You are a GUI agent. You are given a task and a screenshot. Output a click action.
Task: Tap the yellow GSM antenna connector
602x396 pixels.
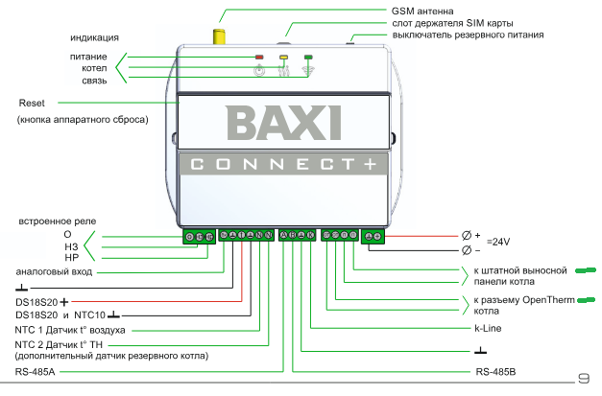[218, 37]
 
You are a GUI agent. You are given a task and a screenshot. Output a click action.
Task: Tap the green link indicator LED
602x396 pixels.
[308, 58]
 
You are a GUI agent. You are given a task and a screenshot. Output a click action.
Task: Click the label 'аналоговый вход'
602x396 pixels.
[55, 272]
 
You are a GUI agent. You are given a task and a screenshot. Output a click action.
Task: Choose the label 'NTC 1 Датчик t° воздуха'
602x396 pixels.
[70, 329]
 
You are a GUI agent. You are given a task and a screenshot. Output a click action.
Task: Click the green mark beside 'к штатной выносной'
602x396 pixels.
[587, 271]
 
